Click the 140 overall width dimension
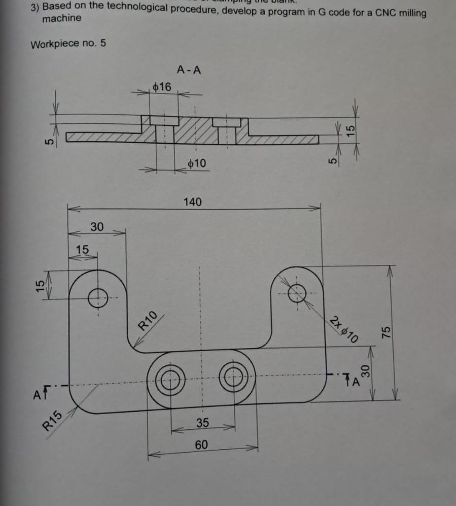coord(192,202)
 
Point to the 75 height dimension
coord(386,332)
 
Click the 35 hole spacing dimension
coord(203,423)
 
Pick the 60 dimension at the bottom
coord(201,445)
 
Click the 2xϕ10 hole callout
coord(344,328)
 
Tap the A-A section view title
coord(189,70)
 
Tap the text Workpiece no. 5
coord(68,44)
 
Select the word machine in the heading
coord(61,19)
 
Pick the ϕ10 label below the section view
coord(197,163)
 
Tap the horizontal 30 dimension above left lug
coord(96,226)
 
